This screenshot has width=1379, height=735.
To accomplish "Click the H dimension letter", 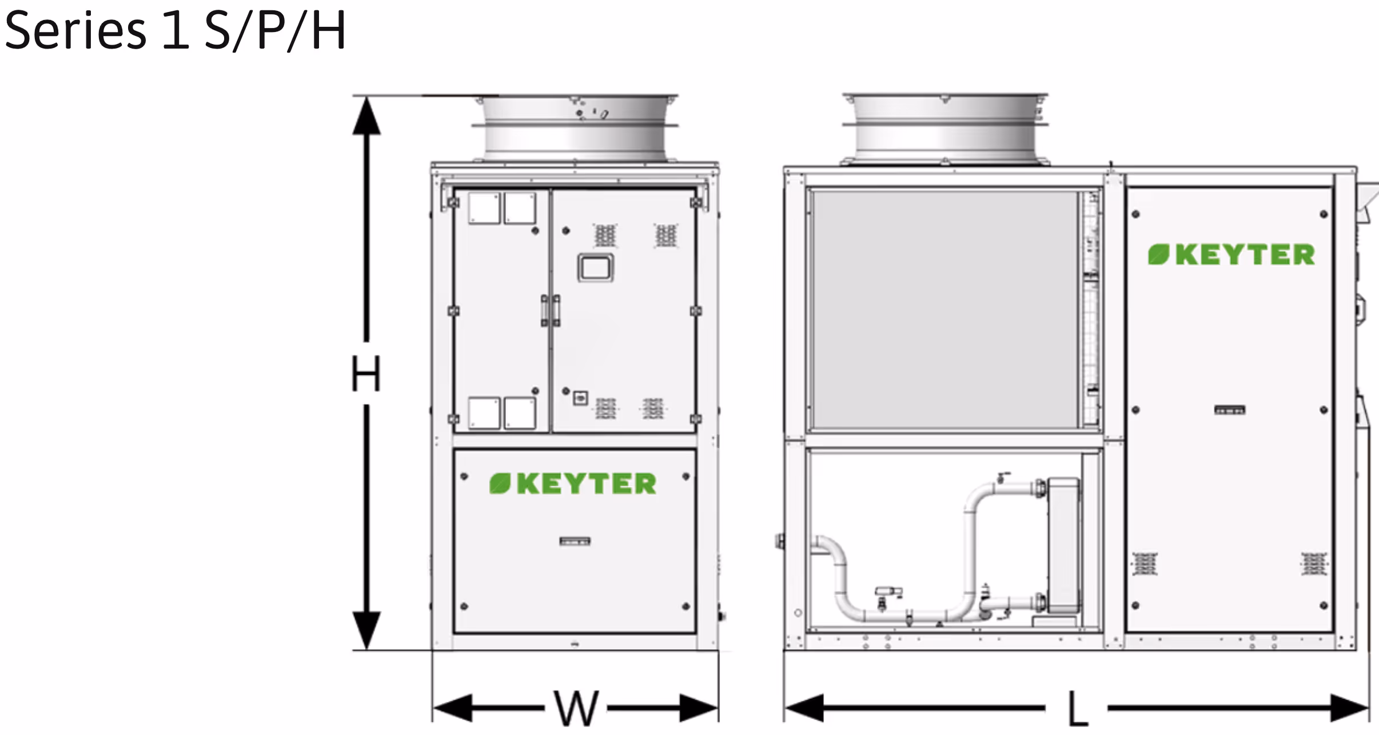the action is coord(365,374).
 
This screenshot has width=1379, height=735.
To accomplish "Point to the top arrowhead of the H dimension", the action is coord(366,114).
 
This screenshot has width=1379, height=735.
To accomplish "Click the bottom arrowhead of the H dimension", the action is coord(366,630).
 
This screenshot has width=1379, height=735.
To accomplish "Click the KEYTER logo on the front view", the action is coord(573,484).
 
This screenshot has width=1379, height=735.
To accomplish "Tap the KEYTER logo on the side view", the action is coord(1231,255).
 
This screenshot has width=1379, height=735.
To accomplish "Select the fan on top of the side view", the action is coord(944,128).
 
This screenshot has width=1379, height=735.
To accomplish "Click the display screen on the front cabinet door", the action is coord(595,267).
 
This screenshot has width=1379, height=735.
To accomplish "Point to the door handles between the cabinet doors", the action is coord(550,310).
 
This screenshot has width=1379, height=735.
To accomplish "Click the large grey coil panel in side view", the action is coord(944,310).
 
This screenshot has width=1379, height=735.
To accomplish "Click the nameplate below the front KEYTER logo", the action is coord(575,541).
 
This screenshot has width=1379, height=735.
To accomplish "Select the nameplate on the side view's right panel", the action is coord(1230,410).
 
